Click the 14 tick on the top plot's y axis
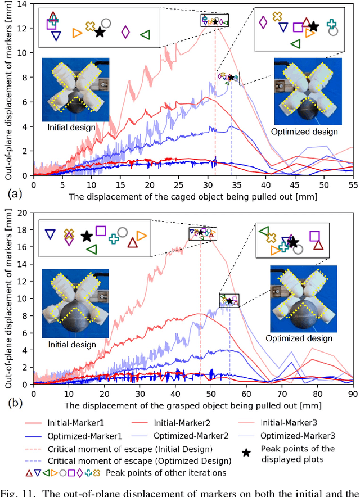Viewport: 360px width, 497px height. click(x=24, y=4)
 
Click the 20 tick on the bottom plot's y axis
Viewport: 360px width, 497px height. click(x=24, y=213)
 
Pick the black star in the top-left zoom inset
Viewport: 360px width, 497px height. click(x=100, y=32)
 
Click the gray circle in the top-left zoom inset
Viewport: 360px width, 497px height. click(x=106, y=23)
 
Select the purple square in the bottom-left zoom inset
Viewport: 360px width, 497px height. click(x=101, y=231)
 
